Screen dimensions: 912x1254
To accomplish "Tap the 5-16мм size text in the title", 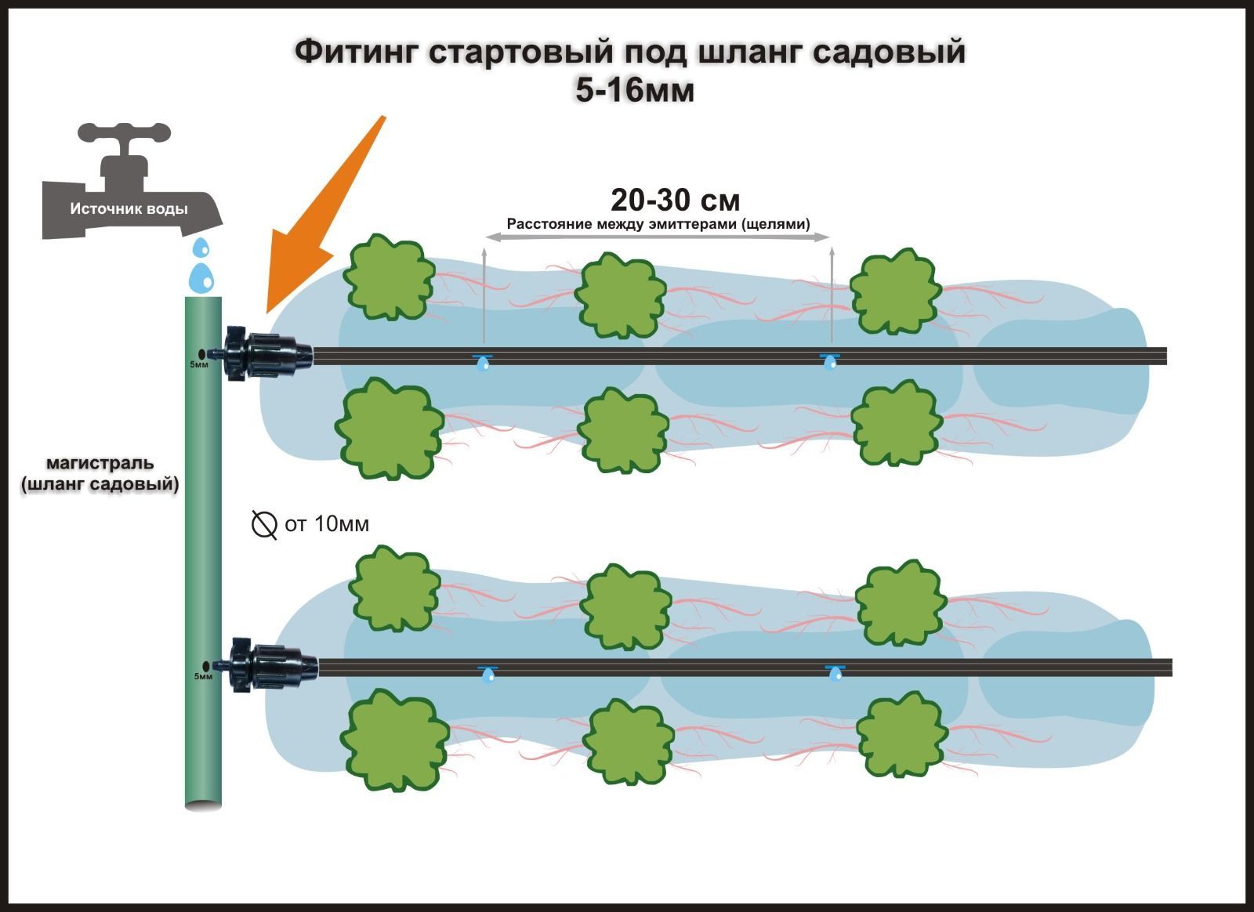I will [635, 91].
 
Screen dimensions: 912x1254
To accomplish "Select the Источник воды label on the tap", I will [129, 209].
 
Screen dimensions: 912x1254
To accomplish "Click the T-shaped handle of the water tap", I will [125, 134].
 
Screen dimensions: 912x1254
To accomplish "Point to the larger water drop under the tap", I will [202, 277].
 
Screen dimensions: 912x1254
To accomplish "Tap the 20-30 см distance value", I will [675, 201].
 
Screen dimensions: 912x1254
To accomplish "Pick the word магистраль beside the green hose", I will [100, 463].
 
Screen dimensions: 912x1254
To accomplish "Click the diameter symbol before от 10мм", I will [264, 524].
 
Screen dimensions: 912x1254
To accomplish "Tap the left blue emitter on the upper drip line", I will [483, 361].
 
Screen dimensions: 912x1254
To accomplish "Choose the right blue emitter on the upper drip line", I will [829, 360].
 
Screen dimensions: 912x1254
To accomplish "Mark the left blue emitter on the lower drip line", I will [488, 673].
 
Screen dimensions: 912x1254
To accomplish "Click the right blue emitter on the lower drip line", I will [835, 671].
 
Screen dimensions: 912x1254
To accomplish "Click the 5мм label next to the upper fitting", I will [199, 364].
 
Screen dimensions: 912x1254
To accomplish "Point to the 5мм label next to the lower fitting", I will [203, 675].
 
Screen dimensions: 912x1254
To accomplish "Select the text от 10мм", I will [327, 523].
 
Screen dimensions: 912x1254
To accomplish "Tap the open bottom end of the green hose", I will [203, 803].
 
